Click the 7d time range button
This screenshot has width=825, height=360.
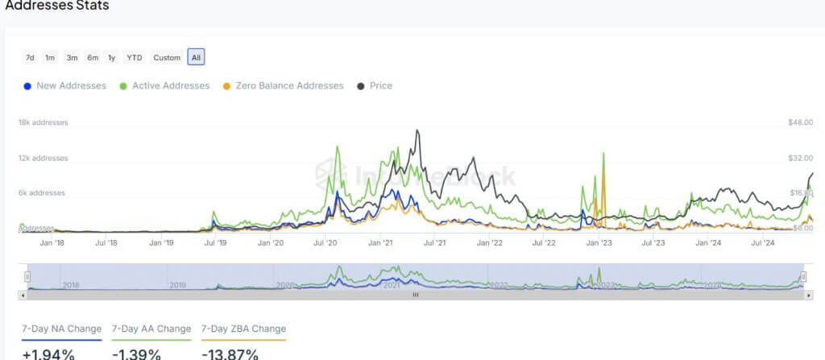[30, 57]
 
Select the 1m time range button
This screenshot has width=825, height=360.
[50, 57]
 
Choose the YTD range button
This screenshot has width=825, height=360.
[135, 57]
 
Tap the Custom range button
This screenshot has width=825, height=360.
[167, 57]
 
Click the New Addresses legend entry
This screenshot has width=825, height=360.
[65, 85]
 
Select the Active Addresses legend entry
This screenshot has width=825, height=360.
[164, 85]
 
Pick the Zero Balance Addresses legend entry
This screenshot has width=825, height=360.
[283, 85]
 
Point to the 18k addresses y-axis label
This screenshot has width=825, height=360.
[44, 122]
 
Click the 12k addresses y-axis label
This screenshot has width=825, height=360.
[44, 158]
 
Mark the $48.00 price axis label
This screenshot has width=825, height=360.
[802, 122]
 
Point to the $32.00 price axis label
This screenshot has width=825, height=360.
[802, 158]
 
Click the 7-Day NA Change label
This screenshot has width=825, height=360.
[62, 329]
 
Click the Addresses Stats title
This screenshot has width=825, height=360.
[57, 6]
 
